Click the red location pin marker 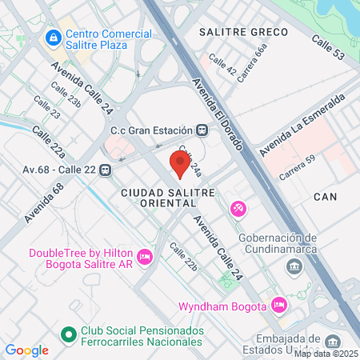pos(180,164)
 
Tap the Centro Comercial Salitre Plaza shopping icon pos(53,38)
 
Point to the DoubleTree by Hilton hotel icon pos(144,257)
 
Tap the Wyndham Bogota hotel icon pos(279,304)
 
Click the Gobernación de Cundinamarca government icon pos(296,266)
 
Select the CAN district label pos(326,196)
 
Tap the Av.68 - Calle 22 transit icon pos(106,170)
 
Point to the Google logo pos(27,350)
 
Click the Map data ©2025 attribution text pos(326,353)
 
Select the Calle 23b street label pos(66,94)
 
